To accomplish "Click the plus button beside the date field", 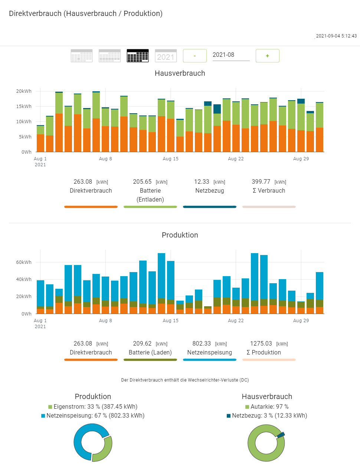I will point(267,56).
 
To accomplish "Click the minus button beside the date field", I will point(194,56).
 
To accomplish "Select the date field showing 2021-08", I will point(230,55).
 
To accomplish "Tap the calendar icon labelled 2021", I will point(166,56).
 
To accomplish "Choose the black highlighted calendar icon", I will point(138,56).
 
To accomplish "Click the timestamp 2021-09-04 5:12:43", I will point(336,36).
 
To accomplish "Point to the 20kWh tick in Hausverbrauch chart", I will point(24,91).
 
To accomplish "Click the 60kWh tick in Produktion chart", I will point(24,262).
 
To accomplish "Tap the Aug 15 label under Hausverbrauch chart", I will point(170,159).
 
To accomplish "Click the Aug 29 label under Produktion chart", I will point(301,321).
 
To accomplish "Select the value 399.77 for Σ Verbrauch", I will point(261,182).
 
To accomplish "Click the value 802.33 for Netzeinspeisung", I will point(202,344).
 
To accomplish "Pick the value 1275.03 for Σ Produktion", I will point(261,344).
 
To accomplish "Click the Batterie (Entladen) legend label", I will point(150,195).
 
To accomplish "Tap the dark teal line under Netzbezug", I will point(209,207).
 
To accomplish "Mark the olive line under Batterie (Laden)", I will point(150,360).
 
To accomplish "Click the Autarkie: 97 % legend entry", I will point(267,407).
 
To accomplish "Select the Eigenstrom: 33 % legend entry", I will point(93,407).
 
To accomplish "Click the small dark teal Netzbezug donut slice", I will point(281,434).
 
